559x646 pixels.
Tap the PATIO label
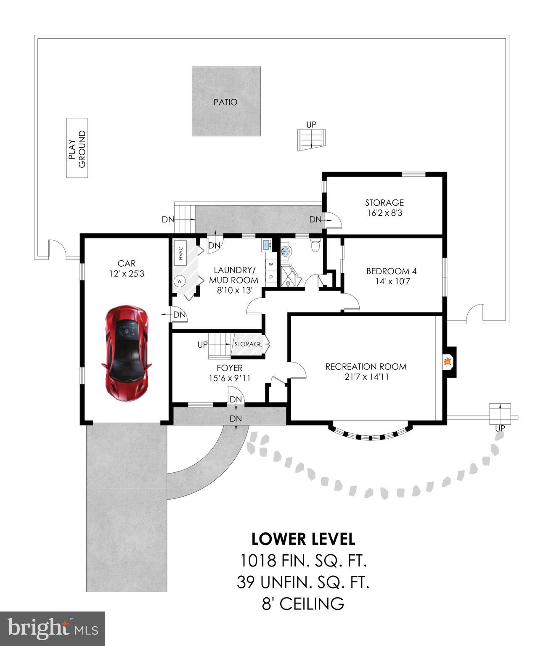pos(225,102)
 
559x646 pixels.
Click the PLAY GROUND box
pos(77,148)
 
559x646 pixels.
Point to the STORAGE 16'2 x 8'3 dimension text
pos(384,213)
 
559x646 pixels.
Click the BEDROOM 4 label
pos(391,271)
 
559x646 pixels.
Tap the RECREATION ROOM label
pos(366,367)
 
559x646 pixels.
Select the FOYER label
pos(229,368)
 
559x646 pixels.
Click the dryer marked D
pos(271,277)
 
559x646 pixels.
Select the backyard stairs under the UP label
pos(311,140)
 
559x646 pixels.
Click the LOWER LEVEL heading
pos(303,539)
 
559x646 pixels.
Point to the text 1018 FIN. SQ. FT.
pos(303,561)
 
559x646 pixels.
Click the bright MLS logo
pos(53,629)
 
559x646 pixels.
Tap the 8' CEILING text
pos(303,604)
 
